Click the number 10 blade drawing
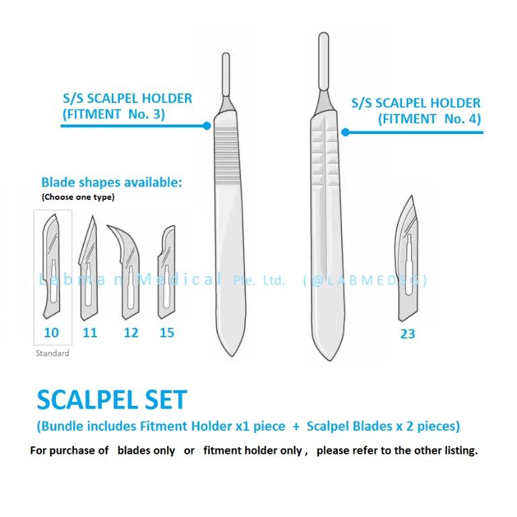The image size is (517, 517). (x=52, y=269)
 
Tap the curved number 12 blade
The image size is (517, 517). (x=128, y=269)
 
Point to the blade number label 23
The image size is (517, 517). (x=407, y=333)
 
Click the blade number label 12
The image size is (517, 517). (x=131, y=332)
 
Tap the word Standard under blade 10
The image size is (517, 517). (x=52, y=353)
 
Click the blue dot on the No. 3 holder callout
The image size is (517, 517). (x=207, y=125)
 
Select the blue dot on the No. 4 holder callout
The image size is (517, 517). (x=345, y=132)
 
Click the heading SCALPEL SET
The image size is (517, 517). (x=110, y=400)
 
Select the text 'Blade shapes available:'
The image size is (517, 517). (x=112, y=182)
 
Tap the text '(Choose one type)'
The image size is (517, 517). (x=78, y=197)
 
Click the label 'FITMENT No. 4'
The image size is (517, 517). (x=429, y=119)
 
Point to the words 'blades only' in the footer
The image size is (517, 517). (x=146, y=450)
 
